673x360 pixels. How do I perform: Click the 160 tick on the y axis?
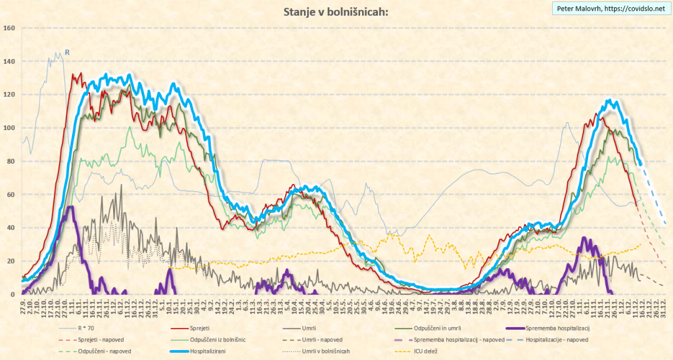coord(9,28)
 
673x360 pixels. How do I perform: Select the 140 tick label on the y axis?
coord(9,61)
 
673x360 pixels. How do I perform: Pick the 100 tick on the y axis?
coord(9,128)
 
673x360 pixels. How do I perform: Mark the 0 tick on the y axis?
coord(13,294)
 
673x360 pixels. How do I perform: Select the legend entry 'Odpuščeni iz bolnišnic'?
coord(223,340)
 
